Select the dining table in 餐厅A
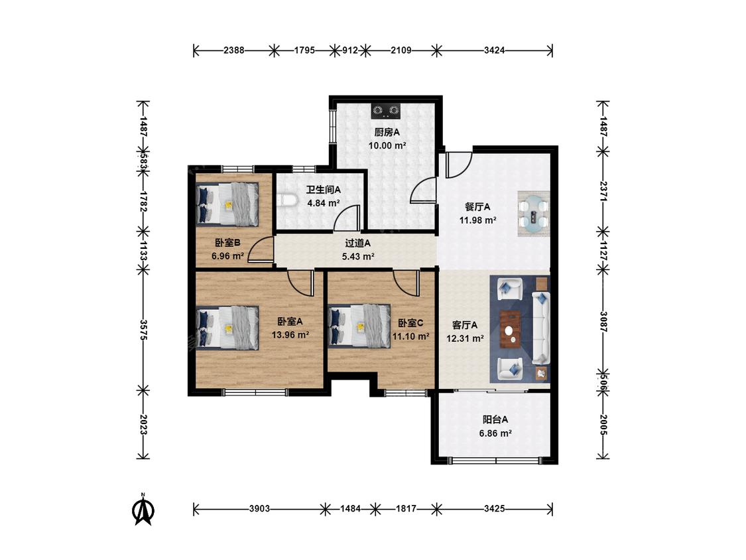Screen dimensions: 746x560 click(x=533, y=214)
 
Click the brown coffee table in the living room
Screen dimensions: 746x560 click(x=510, y=330)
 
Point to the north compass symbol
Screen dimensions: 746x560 click(x=143, y=510)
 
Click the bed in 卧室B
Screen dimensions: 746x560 click(x=228, y=204)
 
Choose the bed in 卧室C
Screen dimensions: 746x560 click(x=359, y=326)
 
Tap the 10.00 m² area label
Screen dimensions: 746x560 click(x=387, y=146)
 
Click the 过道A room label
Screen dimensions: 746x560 click(x=358, y=244)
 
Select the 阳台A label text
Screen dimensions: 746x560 click(x=495, y=419)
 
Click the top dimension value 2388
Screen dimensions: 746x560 click(x=233, y=50)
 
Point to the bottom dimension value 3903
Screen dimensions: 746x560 click(x=259, y=508)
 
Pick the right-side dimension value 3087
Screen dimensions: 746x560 click(x=603, y=322)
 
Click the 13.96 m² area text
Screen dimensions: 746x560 click(x=290, y=335)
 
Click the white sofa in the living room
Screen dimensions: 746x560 click(x=540, y=328)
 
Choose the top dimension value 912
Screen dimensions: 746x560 click(x=349, y=50)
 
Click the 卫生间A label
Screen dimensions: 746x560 click(x=323, y=190)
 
